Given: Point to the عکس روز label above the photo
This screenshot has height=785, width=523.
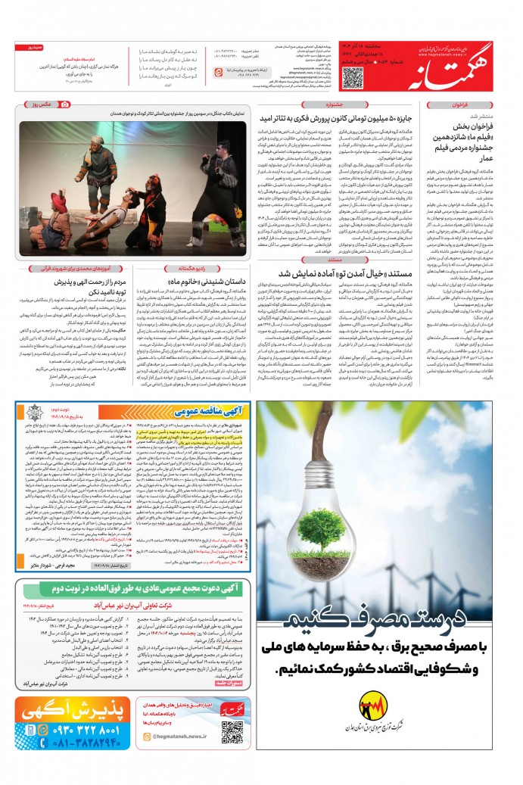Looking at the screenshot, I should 38,104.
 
